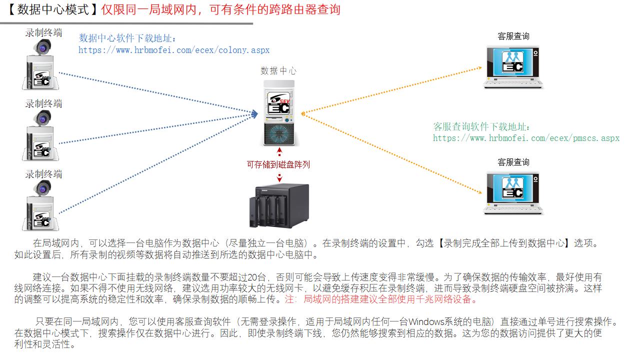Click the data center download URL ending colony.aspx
pos(174,50)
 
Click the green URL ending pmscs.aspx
pos(526,138)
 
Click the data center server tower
pos(278,113)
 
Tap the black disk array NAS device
pos(278,205)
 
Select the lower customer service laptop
pos(513,193)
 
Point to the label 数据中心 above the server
pos(278,70)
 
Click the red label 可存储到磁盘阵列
pos(278,164)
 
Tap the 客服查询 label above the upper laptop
pos(513,36)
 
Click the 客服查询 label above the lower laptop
pos(513,162)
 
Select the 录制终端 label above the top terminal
pos(44,33)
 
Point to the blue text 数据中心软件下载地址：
pos(128,38)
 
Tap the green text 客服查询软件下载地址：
pos(482,127)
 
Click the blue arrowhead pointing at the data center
pos(254,114)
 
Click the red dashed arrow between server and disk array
pos(279,151)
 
